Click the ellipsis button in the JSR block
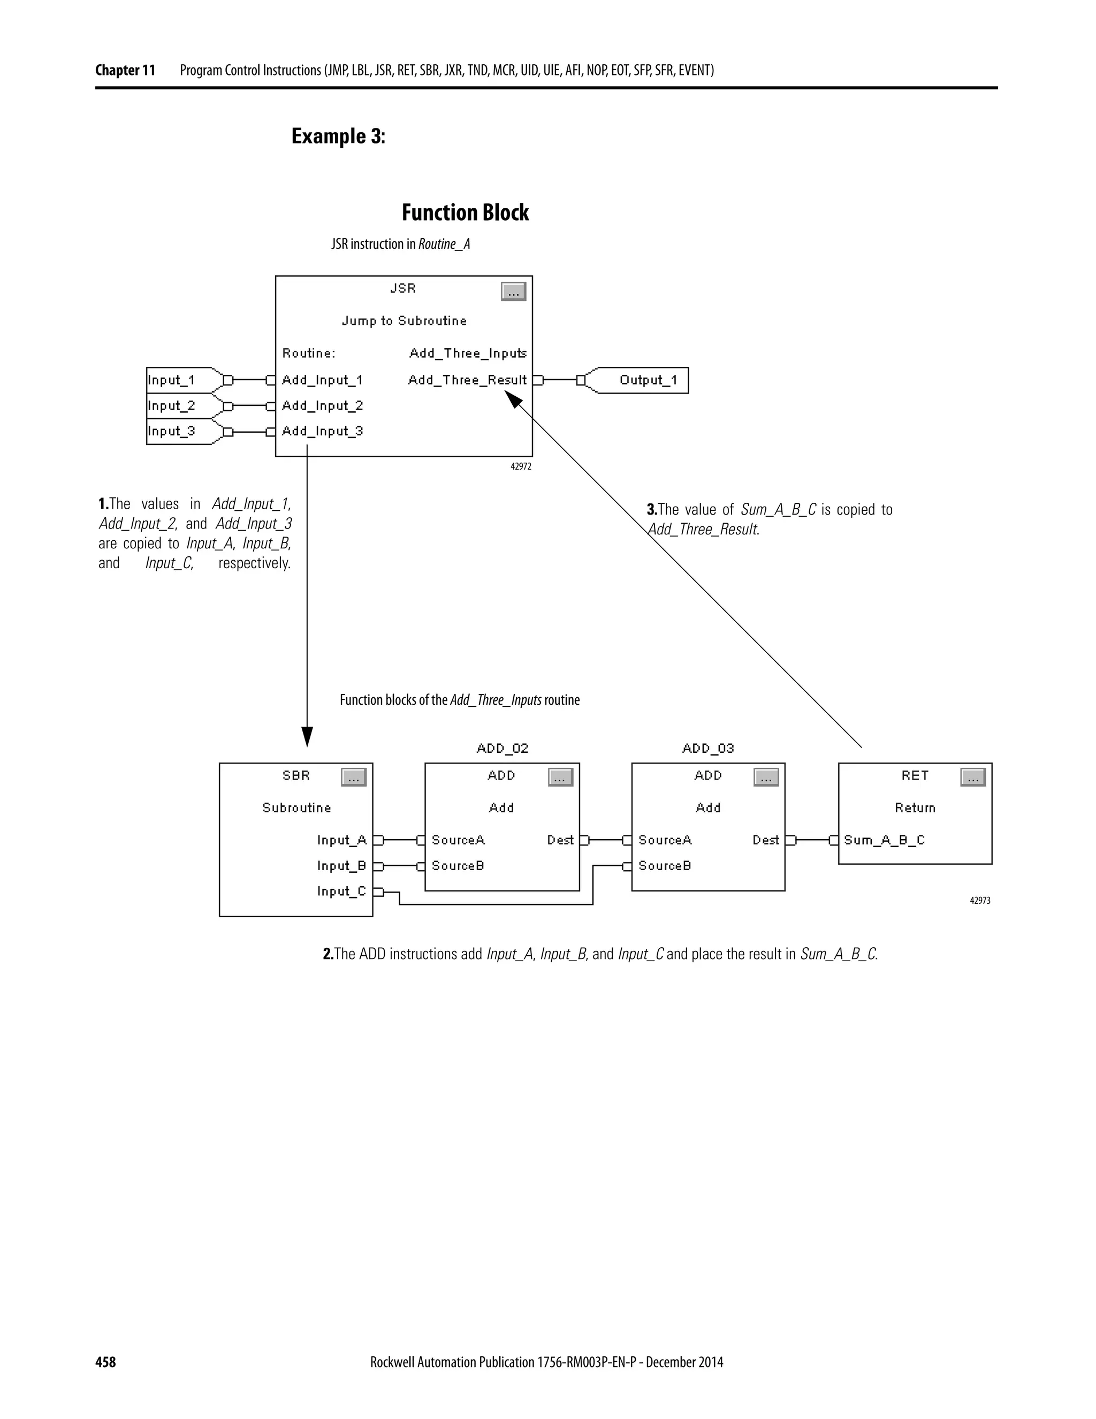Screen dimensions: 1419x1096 [x=513, y=292]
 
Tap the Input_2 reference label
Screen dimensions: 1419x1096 [x=171, y=406]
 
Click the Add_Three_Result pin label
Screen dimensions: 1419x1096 [x=467, y=380]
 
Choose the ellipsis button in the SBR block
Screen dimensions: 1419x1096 [x=354, y=777]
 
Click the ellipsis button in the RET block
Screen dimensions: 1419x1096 [x=972, y=777]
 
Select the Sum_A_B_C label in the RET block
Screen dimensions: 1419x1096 [x=884, y=840]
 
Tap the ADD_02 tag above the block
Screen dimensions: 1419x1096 [x=502, y=749]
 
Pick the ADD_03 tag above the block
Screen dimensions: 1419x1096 [x=707, y=749]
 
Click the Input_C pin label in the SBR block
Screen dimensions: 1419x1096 [x=341, y=892]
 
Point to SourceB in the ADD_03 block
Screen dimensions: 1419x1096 [x=664, y=866]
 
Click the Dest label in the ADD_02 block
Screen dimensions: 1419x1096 [x=560, y=840]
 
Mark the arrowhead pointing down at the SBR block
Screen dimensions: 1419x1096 [x=307, y=737]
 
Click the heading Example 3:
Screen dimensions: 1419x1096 [x=338, y=137]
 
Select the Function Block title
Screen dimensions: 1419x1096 [x=465, y=213]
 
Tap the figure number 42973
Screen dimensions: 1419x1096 [x=980, y=901]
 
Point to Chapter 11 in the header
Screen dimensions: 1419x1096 [x=125, y=70]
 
